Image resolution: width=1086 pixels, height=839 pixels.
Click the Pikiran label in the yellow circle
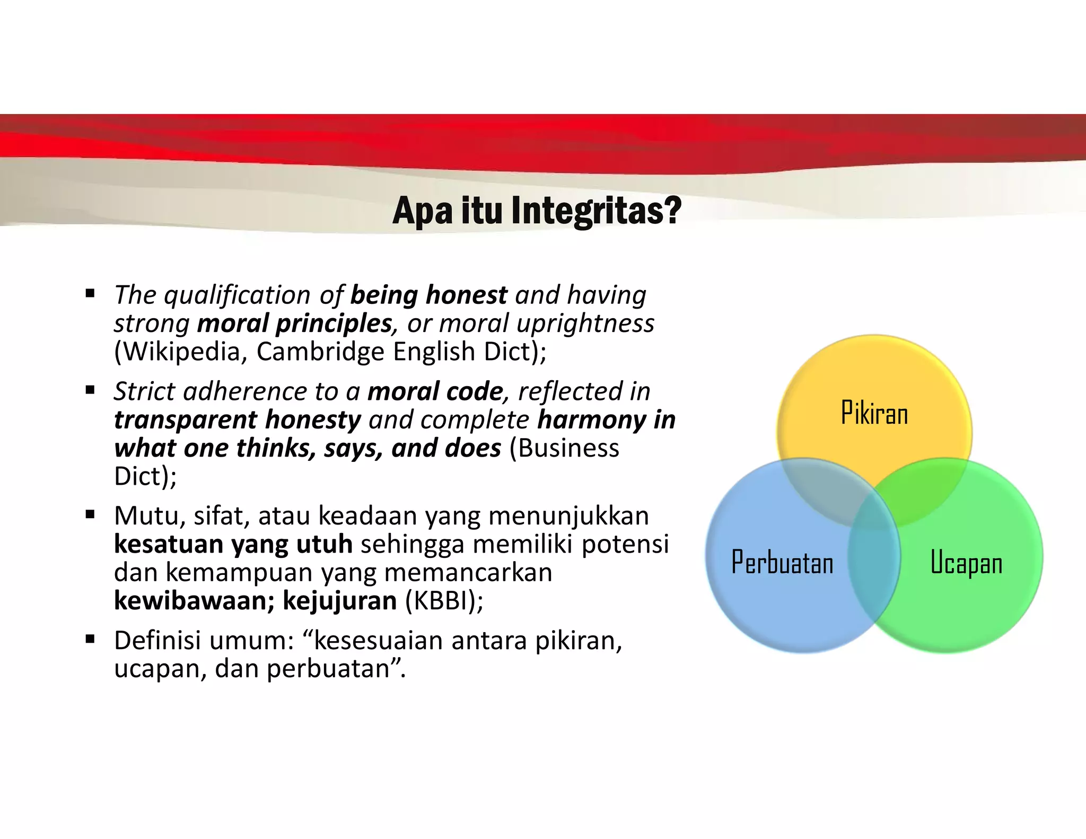pyautogui.click(x=874, y=413)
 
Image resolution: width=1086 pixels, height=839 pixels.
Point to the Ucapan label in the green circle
pyautogui.click(x=966, y=563)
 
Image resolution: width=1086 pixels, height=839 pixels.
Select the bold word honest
pyautogui.click(x=467, y=295)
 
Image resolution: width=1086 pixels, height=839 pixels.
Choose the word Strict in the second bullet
pyautogui.click(x=144, y=391)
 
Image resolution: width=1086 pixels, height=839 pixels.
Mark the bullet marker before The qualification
pyautogui.click(x=90, y=293)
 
